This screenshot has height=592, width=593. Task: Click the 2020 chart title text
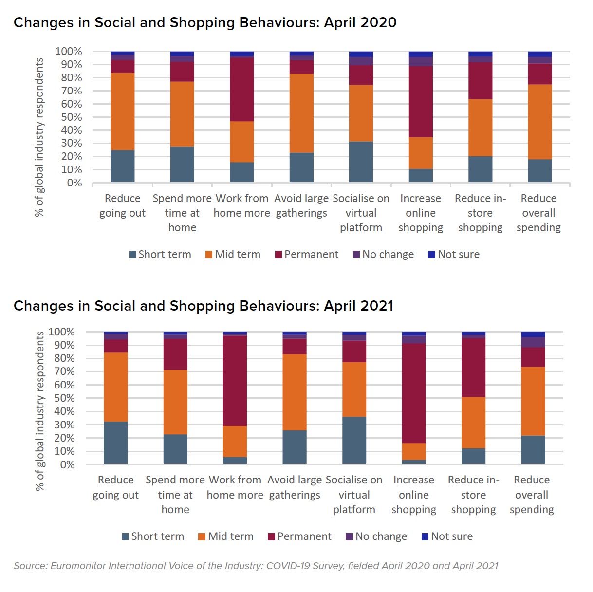[x=205, y=22]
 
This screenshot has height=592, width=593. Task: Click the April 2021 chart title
[x=204, y=306]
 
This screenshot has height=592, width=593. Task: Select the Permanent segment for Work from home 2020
[x=242, y=89]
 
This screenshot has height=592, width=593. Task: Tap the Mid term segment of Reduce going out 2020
[x=123, y=111]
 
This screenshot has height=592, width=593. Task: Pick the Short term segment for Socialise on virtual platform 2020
[x=361, y=162]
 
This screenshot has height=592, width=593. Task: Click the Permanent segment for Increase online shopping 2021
[x=414, y=393]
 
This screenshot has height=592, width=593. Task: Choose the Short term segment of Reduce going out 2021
[x=116, y=443]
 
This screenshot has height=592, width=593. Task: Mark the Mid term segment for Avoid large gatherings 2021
[x=295, y=392]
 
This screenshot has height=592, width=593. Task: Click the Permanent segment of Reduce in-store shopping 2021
[x=473, y=368]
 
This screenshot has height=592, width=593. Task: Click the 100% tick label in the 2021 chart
[x=61, y=332]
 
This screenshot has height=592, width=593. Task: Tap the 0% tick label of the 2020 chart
[x=74, y=183]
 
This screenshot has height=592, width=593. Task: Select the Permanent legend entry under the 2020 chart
[x=307, y=255]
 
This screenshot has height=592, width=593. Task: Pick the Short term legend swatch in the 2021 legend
[x=126, y=537]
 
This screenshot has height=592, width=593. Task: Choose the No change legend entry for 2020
[x=384, y=255]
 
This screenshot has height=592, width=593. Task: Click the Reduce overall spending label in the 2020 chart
[x=538, y=213]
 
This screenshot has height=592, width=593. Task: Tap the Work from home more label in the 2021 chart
[x=235, y=487]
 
